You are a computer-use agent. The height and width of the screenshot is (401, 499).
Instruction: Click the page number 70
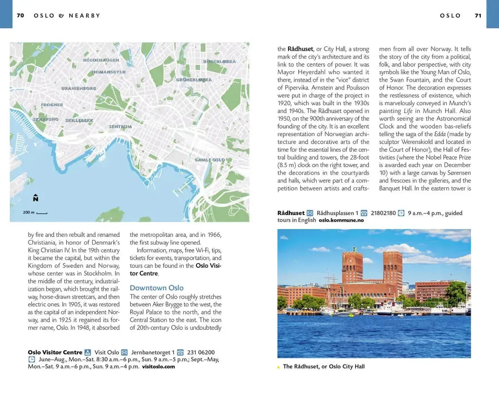[20, 16]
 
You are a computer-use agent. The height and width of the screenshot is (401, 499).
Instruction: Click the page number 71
[478, 16]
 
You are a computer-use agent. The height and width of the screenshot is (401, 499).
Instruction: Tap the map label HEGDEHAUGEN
[101, 60]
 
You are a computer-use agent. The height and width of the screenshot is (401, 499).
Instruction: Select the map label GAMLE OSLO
[210, 160]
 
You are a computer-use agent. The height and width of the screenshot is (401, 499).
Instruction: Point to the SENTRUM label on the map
[120, 127]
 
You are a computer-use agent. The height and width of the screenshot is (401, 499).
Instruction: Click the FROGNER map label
[52, 105]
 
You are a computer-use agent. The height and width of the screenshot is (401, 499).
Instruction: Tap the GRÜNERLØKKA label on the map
[194, 79]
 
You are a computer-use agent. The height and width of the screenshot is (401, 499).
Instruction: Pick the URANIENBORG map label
[78, 89]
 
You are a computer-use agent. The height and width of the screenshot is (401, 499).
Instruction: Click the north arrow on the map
[36, 198]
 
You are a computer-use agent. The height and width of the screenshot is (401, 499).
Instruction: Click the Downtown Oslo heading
[156, 288]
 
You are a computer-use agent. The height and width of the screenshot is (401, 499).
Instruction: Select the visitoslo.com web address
[158, 366]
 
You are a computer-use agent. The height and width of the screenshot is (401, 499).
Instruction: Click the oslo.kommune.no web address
[341, 220]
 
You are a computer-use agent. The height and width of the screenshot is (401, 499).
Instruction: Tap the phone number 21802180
[383, 213]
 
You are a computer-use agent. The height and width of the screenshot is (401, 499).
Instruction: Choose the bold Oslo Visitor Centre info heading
[55, 352]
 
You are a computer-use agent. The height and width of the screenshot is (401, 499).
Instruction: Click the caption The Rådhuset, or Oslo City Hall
[324, 366]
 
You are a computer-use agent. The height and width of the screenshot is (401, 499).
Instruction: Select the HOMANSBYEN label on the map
[109, 72]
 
